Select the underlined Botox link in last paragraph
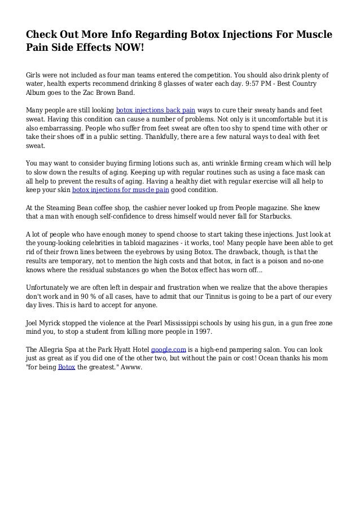point(65,367)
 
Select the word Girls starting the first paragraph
point(36,74)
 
